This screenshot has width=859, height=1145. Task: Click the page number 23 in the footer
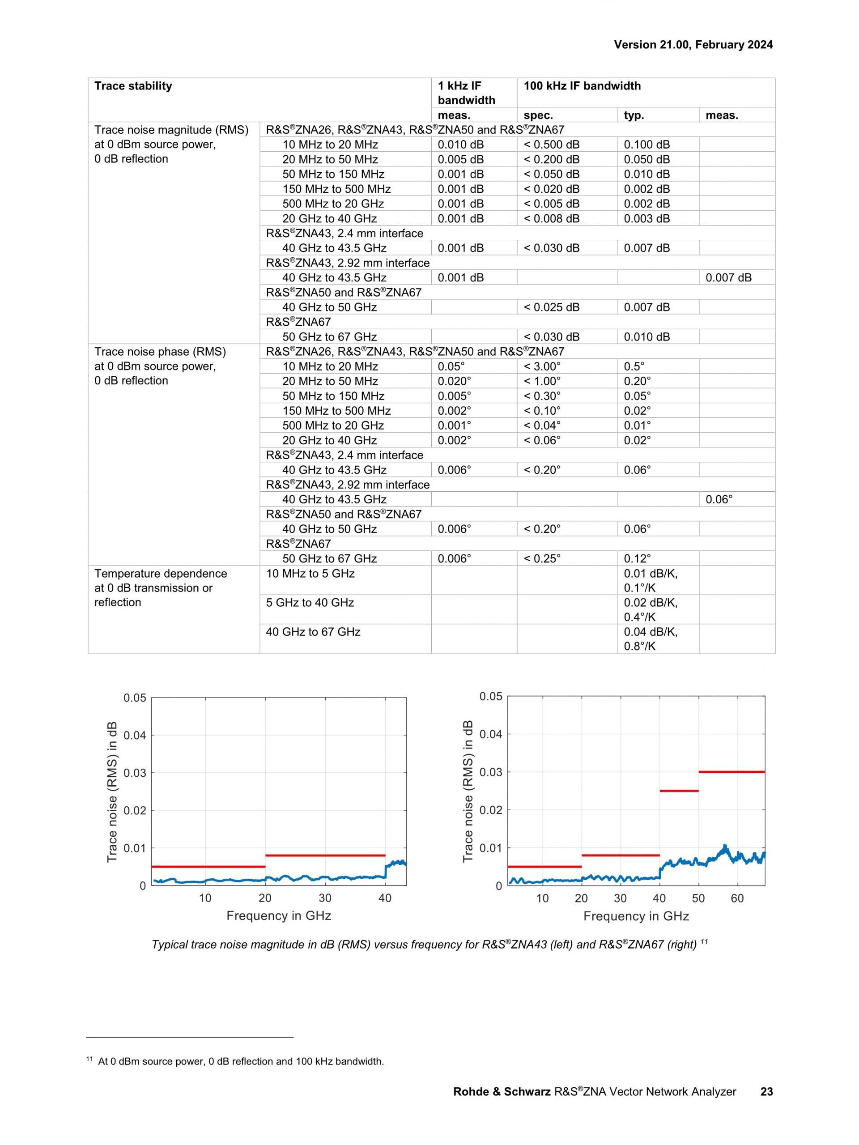coord(766,1092)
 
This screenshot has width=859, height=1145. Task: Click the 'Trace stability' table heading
coord(133,86)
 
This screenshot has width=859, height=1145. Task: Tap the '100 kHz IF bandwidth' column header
coord(582,86)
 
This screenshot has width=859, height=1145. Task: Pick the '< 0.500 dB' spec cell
coord(551,145)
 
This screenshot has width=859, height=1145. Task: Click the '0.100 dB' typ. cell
coord(646,145)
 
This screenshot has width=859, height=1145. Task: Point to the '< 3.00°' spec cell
coord(542,366)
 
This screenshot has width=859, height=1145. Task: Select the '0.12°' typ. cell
coord(637,558)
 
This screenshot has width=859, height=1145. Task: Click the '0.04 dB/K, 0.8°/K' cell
coord(651,639)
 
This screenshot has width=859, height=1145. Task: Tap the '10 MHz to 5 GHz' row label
coord(310,574)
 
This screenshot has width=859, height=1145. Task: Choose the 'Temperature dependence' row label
coord(161,574)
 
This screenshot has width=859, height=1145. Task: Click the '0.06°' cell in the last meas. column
coord(719,499)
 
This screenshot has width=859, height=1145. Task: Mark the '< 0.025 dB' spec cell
coord(551,307)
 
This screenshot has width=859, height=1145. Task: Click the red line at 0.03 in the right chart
coord(731,772)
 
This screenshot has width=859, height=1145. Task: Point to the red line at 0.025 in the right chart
coord(678,791)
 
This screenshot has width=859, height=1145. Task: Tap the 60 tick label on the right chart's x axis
coord(737,898)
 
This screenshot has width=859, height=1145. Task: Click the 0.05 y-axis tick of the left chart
coord(135,698)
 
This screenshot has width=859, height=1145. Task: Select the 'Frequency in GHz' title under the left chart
coord(278,916)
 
